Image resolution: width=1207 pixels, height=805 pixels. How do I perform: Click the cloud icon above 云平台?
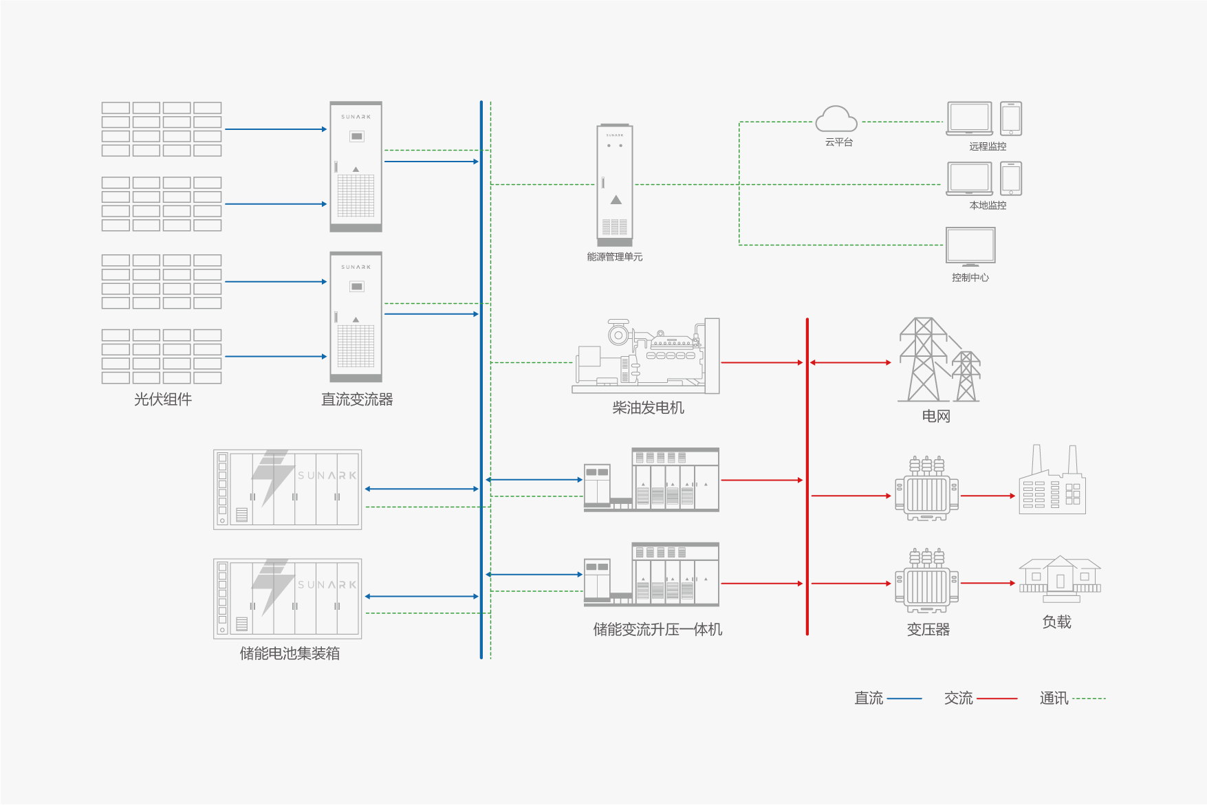coord(836,120)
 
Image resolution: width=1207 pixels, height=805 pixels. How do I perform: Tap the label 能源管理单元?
coord(615,257)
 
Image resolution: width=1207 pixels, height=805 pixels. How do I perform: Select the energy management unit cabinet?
coord(615,184)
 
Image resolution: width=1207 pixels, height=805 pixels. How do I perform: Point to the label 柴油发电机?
coord(648,408)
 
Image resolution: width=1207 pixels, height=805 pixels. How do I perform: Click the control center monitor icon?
coord(970,246)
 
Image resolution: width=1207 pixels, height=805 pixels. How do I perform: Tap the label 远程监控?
coord(988,146)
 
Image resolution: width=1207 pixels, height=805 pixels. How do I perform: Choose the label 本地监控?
coord(988,206)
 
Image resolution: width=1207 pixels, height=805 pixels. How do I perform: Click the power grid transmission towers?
coord(938,360)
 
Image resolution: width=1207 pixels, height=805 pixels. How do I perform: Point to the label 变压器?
coord(928,630)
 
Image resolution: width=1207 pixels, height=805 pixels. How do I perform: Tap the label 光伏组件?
coord(163,399)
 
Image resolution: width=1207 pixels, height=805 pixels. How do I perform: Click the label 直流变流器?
coord(357,399)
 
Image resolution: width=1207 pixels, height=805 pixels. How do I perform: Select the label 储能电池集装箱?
coord(290,654)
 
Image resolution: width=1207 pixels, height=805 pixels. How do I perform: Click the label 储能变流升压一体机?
coord(657,630)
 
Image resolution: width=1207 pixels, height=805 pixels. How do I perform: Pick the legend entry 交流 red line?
coord(997,698)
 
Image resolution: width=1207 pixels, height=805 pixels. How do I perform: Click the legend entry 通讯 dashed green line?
coord(1089,698)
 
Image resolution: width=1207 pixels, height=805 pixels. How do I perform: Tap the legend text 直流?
coord(869,698)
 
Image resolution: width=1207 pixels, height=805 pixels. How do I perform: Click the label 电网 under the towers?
coord(936,417)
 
